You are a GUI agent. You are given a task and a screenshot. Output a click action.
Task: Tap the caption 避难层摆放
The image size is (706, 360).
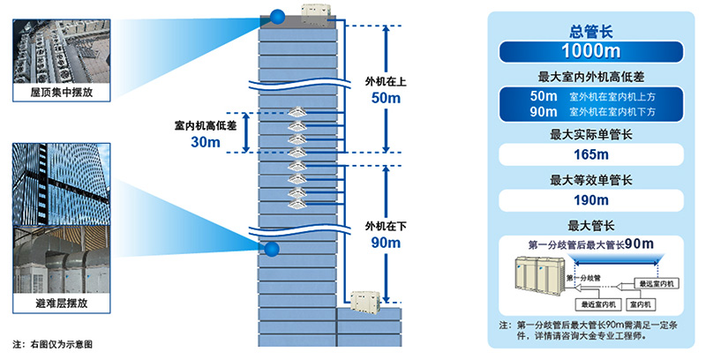point(61,305)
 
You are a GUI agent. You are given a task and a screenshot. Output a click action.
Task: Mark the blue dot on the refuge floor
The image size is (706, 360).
point(273,250)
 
